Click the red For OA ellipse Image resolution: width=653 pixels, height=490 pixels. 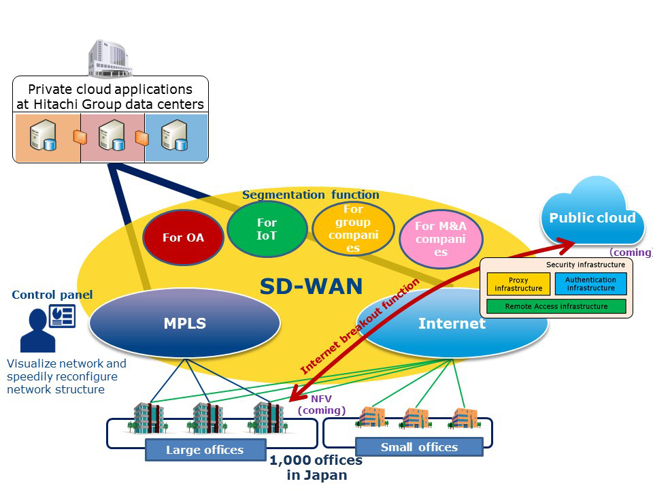(x=183, y=238)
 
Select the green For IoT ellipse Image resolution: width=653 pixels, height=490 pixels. (x=267, y=229)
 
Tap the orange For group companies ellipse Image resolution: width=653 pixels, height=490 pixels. (x=353, y=229)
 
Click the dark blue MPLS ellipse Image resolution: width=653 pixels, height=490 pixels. (x=184, y=323)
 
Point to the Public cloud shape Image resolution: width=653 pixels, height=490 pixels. (x=592, y=217)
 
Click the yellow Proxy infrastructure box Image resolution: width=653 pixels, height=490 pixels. (x=518, y=284)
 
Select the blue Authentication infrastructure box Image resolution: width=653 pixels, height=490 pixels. (x=590, y=284)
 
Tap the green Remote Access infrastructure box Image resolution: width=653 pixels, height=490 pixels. (x=556, y=306)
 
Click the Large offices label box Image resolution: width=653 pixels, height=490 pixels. (x=205, y=450)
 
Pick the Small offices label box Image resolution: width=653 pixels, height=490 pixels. (x=419, y=447)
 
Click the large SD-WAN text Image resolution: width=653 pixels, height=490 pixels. (x=311, y=286)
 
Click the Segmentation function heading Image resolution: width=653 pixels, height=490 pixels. (x=310, y=195)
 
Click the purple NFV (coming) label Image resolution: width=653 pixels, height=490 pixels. (x=322, y=404)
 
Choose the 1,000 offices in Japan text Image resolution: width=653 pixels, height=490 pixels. (x=316, y=468)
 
